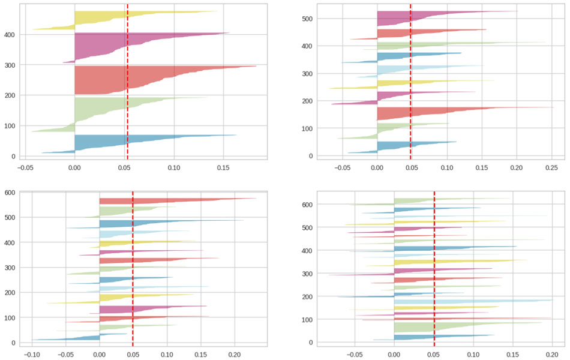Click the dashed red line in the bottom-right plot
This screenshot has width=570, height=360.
point(434,270)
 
